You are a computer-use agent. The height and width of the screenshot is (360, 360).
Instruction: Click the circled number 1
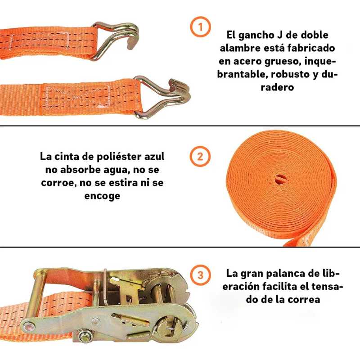point(200,28)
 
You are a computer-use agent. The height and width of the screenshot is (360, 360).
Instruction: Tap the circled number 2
point(200,157)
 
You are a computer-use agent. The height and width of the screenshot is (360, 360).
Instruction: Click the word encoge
point(102,196)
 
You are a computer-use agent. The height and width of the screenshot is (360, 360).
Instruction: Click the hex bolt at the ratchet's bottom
point(85,335)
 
